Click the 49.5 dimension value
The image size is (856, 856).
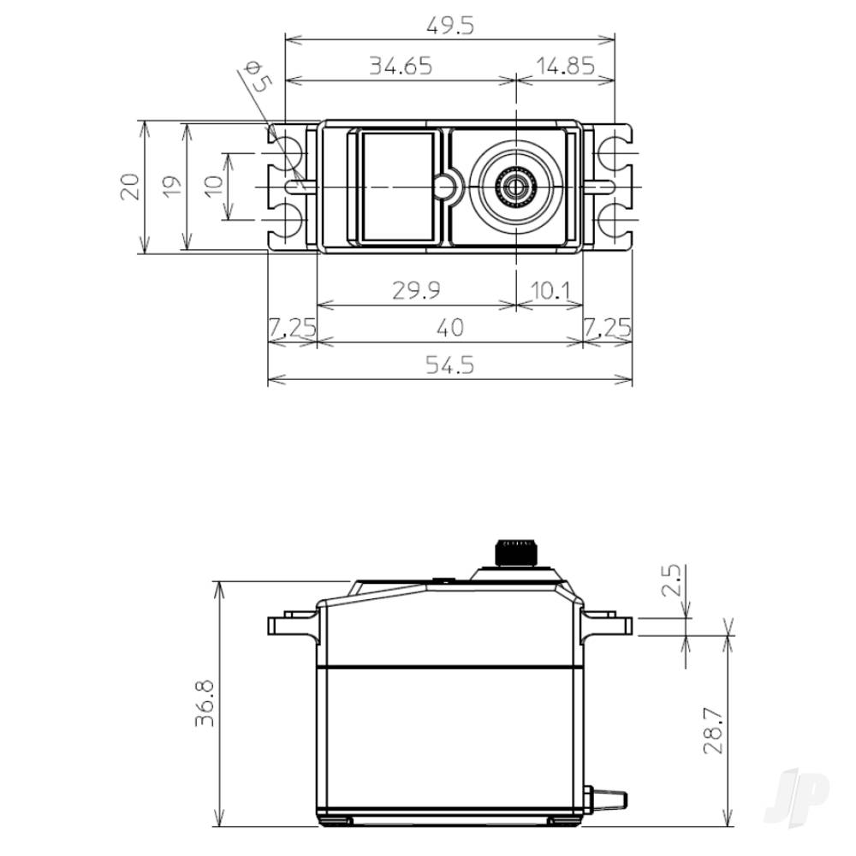point(449,27)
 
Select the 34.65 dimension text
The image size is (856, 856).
point(400,66)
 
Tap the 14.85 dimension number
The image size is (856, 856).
point(564,66)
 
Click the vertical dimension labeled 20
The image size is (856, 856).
point(129,187)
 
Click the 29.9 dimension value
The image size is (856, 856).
point(416,291)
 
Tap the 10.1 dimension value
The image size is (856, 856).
point(550,291)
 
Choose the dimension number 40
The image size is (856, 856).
point(450,328)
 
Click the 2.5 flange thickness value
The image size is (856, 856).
point(672,580)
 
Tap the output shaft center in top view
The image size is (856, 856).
point(515,186)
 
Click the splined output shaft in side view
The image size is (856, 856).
point(516,552)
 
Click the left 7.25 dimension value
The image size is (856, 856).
point(292,328)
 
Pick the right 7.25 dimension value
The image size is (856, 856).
point(608,328)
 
